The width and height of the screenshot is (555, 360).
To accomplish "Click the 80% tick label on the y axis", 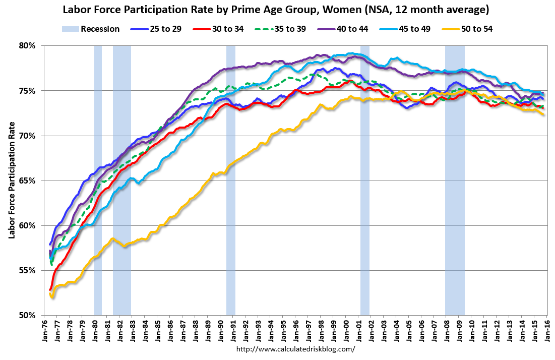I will pos(28,45).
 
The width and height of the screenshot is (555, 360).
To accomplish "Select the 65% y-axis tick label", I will pos(28,181).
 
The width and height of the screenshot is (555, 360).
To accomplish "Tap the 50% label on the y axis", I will pos(28,316).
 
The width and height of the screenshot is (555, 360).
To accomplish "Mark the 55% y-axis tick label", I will pos(28,271).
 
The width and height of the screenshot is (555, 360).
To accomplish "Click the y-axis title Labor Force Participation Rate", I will pos(11,181).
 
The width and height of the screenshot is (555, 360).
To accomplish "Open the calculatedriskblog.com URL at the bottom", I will pos(295,349).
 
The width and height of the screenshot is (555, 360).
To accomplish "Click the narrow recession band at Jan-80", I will pos(98,151).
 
